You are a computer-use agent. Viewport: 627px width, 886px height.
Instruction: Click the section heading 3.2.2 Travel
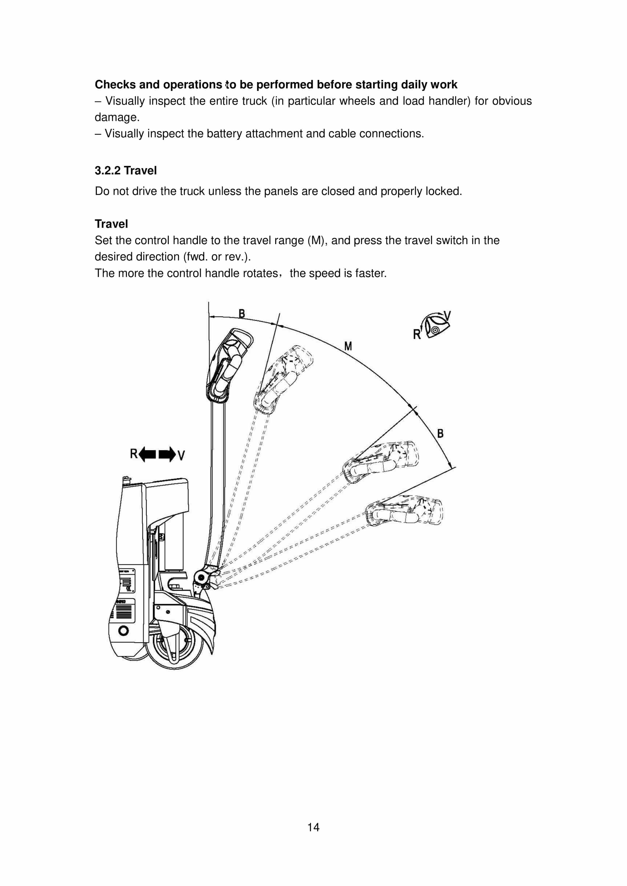click(126, 170)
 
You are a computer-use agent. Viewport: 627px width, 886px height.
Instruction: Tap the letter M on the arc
click(348, 346)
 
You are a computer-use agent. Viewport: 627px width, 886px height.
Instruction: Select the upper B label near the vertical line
click(242, 313)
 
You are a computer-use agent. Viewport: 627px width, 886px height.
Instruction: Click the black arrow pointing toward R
click(147, 454)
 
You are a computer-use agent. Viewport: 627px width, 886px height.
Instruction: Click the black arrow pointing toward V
click(167, 454)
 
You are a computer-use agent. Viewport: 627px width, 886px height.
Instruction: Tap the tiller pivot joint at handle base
click(201, 577)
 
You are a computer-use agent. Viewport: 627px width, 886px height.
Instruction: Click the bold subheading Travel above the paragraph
click(111, 224)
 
